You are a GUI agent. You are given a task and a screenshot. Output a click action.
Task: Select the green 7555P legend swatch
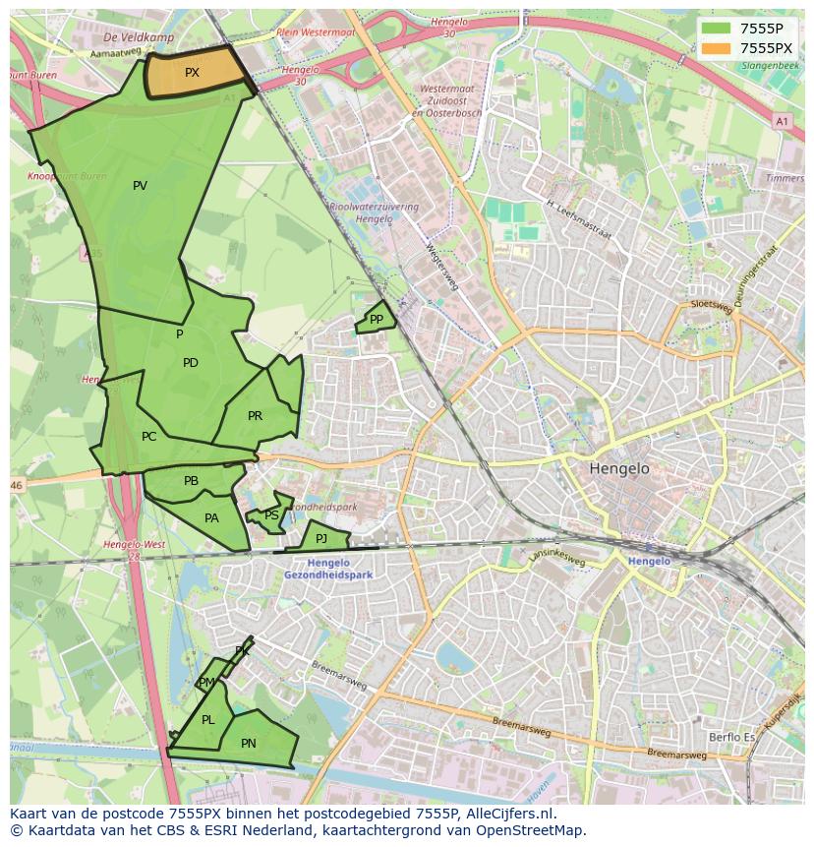tap(716, 28)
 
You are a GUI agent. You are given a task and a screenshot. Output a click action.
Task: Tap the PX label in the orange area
tap(192, 73)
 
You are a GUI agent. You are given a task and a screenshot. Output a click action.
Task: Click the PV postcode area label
tap(140, 186)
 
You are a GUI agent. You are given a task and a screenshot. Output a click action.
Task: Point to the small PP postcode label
tap(376, 320)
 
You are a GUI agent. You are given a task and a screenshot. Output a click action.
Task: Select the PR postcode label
tap(255, 416)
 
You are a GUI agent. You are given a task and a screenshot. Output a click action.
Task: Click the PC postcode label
tap(148, 437)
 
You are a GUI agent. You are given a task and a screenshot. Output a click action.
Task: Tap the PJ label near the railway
tap(321, 538)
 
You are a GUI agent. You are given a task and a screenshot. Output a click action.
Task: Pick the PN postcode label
tap(249, 744)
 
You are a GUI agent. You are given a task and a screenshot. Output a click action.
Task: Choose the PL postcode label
tap(207, 720)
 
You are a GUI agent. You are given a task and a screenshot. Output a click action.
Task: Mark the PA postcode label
tap(211, 518)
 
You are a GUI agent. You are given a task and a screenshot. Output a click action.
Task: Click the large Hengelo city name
tap(619, 469)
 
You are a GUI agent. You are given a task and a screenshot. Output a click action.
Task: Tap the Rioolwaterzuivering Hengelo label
tap(375, 213)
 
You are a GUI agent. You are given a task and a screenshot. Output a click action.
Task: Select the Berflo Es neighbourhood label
tap(732, 737)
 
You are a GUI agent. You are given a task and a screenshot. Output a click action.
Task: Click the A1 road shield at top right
tap(782, 121)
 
